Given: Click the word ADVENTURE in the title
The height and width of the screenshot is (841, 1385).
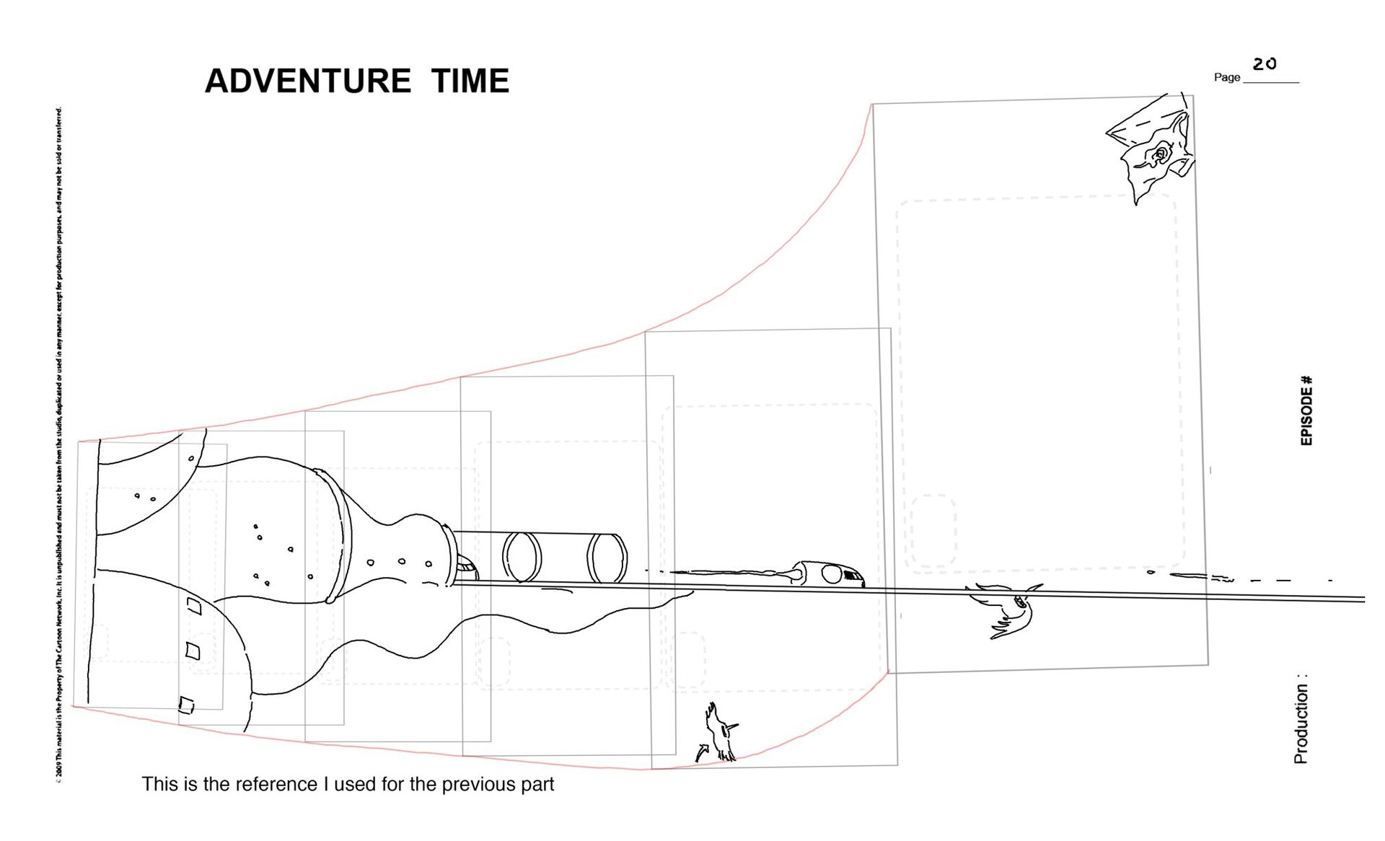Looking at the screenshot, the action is coord(308,81).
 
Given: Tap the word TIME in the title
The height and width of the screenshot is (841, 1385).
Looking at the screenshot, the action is coord(470,81).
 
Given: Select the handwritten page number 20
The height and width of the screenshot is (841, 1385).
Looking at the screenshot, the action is coord(1265,64).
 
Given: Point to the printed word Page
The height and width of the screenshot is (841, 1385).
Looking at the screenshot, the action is coord(1226,77).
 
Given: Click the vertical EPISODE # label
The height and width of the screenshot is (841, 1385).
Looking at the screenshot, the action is coord(1306,410).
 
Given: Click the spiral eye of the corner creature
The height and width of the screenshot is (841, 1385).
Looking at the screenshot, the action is coord(1161,154).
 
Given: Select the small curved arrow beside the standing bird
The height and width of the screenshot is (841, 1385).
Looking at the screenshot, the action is coord(702,752).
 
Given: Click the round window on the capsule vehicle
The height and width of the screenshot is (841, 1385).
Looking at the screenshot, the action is coord(832,574).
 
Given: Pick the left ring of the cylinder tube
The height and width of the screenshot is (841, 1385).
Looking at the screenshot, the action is coord(522,557).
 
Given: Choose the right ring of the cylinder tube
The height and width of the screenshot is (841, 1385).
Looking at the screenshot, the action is coord(607,558).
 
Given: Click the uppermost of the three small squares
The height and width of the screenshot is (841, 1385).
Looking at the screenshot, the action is coord(194,605).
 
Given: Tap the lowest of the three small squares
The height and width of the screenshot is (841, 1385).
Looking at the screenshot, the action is coord(186,705).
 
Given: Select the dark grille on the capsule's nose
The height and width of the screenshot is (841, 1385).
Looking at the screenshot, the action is coord(853,576).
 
